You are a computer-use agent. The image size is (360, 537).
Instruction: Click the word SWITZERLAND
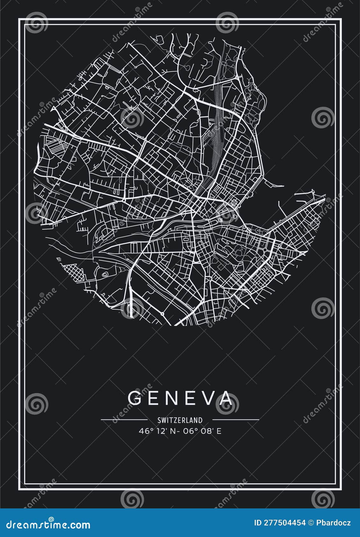pyautogui.click(x=180, y=420)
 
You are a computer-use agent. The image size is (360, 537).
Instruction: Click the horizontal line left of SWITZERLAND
pyautogui.click(x=124, y=420)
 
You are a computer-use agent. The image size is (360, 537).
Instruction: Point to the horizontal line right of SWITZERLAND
pyautogui.click(x=236, y=420)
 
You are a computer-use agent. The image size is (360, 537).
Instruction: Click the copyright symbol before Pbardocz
pyautogui.click(x=310, y=523)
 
